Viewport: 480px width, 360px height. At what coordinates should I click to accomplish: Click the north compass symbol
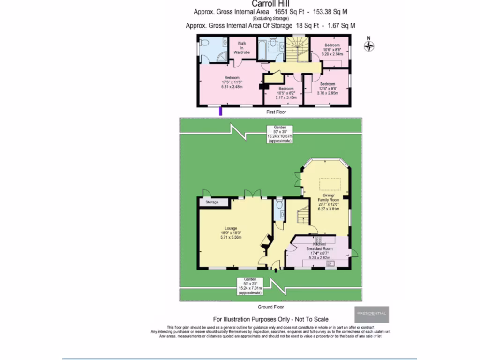(369, 46)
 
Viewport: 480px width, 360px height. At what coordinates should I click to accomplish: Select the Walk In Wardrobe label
(242, 48)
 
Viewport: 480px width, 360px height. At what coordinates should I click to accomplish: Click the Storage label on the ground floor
(212, 202)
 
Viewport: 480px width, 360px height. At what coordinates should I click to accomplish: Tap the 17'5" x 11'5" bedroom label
(232, 82)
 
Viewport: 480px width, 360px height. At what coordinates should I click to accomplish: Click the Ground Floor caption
(271, 307)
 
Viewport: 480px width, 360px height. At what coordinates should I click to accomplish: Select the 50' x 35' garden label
(280, 134)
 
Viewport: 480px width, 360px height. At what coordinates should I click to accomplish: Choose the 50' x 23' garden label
(250, 286)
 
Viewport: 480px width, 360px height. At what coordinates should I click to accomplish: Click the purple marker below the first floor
(221, 111)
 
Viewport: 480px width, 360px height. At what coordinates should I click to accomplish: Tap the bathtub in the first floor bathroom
(262, 49)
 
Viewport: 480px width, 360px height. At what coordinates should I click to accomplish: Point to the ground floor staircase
(302, 217)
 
